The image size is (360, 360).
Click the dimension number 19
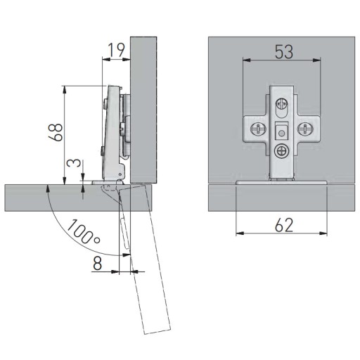pos(117,50)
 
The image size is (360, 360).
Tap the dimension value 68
pos(56,133)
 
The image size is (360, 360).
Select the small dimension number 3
pos(73,163)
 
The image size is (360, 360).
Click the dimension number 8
pos(97,263)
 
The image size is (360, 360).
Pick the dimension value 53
pos(284,52)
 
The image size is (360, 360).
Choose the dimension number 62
pos(284,225)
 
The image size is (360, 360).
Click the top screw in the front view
pos(282,103)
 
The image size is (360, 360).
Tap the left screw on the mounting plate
pos(258,129)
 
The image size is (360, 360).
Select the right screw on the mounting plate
pos(305,129)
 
